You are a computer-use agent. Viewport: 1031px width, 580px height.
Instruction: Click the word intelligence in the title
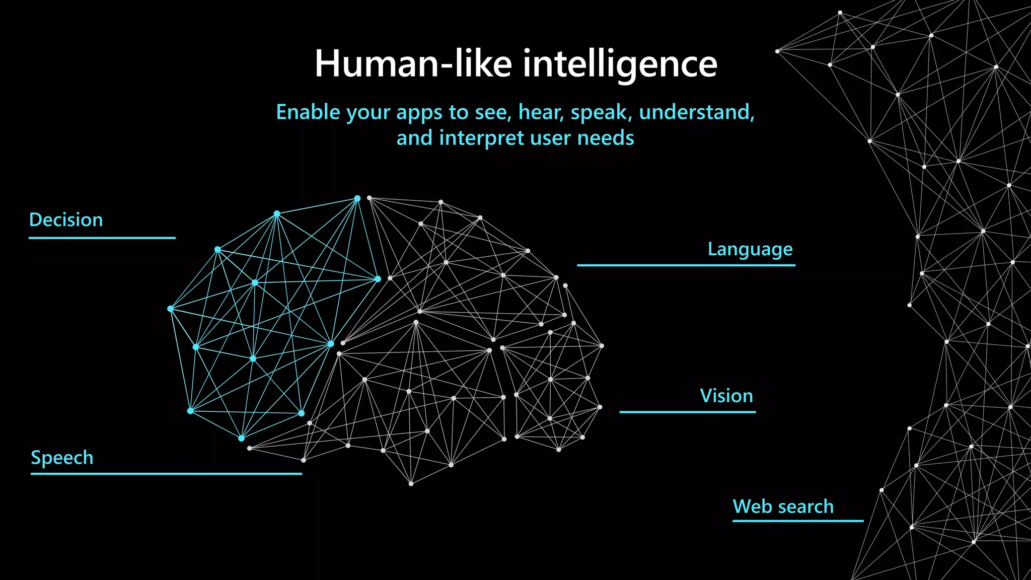(620, 64)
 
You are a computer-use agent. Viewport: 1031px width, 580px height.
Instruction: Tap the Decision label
(66, 220)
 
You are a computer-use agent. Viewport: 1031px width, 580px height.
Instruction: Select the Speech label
(62, 458)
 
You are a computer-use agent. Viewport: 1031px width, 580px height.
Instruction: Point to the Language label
(750, 249)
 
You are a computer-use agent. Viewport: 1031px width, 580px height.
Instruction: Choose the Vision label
(726, 396)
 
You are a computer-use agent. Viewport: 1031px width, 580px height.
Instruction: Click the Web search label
(783, 506)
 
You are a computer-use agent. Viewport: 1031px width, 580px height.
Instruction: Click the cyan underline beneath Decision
(102, 238)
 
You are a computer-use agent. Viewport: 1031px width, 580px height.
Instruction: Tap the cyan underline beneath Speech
(166, 474)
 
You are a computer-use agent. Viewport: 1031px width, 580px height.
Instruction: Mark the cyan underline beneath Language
(686, 265)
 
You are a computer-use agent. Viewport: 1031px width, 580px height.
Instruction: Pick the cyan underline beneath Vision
(687, 412)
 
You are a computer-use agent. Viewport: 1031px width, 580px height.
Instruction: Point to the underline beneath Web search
(797, 521)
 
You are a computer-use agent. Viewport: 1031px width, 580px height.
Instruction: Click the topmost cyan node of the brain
(357, 198)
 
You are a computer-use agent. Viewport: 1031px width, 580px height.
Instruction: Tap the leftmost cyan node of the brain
(171, 309)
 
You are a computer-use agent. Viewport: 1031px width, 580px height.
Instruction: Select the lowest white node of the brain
(411, 484)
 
